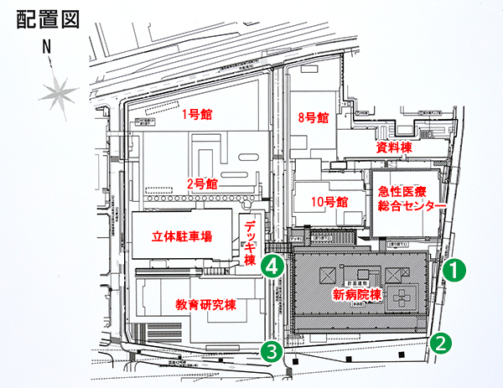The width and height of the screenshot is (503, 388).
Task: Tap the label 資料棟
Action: pos(393,147)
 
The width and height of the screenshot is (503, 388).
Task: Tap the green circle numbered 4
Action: pos(270,266)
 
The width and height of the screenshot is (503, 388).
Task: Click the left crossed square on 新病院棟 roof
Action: pos(325,274)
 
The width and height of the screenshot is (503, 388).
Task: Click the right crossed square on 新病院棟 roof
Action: pos(395,274)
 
